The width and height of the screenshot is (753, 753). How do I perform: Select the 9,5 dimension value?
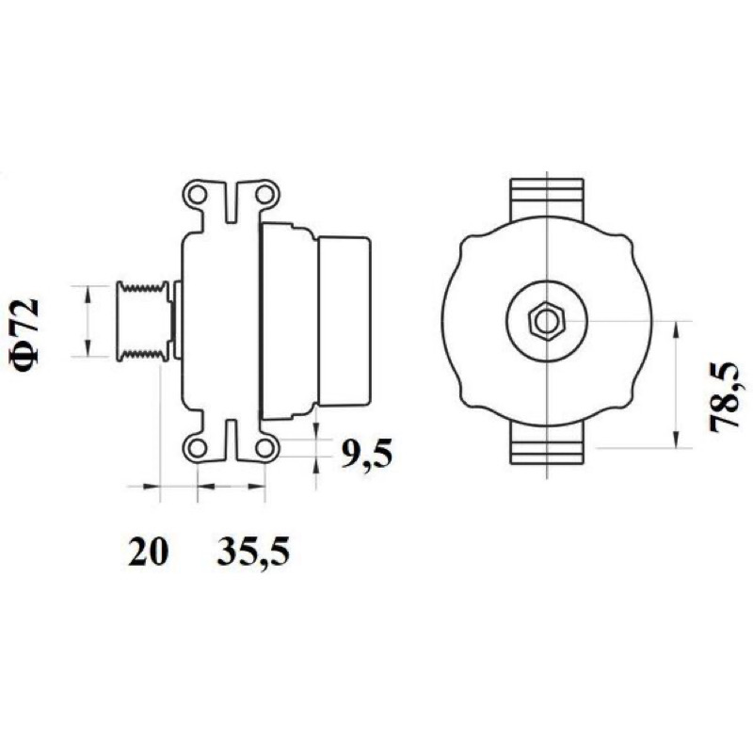tap(366, 454)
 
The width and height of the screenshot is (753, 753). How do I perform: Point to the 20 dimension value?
tap(148, 552)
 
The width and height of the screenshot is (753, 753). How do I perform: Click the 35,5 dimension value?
tap(253, 553)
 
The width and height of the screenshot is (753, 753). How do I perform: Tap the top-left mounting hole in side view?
tap(197, 195)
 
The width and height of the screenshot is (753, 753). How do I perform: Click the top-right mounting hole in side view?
tap(264, 195)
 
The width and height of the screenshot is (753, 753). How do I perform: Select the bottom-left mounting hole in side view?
tap(197, 449)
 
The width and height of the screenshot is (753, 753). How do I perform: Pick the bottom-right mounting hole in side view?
tap(264, 449)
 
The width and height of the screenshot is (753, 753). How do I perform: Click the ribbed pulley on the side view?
tap(143, 321)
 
